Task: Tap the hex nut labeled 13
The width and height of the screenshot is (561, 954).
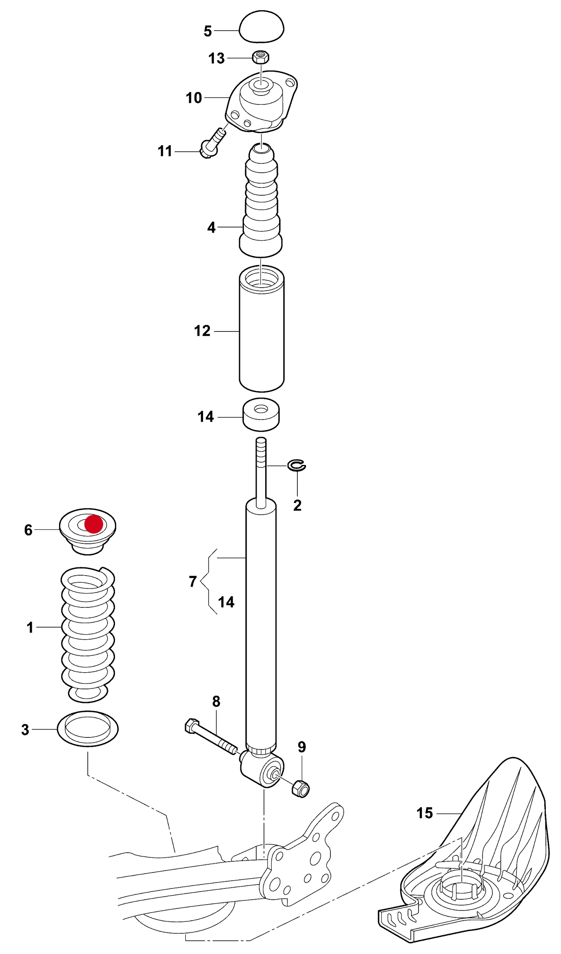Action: coord(261,57)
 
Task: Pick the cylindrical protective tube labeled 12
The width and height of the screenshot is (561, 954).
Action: coord(261,330)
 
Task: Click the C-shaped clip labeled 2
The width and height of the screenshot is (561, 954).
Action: coord(297,465)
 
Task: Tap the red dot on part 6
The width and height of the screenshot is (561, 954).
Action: coord(94,524)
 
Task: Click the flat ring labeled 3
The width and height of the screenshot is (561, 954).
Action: coord(88,729)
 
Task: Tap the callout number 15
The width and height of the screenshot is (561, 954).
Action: coord(424,813)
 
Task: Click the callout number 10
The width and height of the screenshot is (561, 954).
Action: coord(194,98)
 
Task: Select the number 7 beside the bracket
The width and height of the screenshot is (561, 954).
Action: coord(193,581)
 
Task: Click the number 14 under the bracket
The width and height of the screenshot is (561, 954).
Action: coord(226,602)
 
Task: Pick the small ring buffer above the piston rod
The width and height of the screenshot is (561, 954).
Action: coord(261,415)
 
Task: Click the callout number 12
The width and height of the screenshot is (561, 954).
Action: coord(202,331)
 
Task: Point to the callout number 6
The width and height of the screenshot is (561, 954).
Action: coord(28,530)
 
